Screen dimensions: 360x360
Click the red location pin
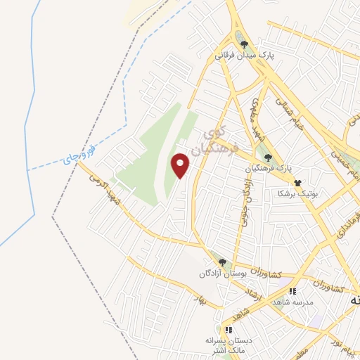coord(181,165)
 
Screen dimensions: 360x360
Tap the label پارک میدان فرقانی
coord(244,53)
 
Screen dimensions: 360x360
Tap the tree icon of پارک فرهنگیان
coord(267,157)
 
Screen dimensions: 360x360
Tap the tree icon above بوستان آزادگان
coord(222,262)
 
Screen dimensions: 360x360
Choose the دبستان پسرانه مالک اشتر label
coord(228,345)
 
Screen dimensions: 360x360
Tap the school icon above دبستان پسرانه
coord(228,329)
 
